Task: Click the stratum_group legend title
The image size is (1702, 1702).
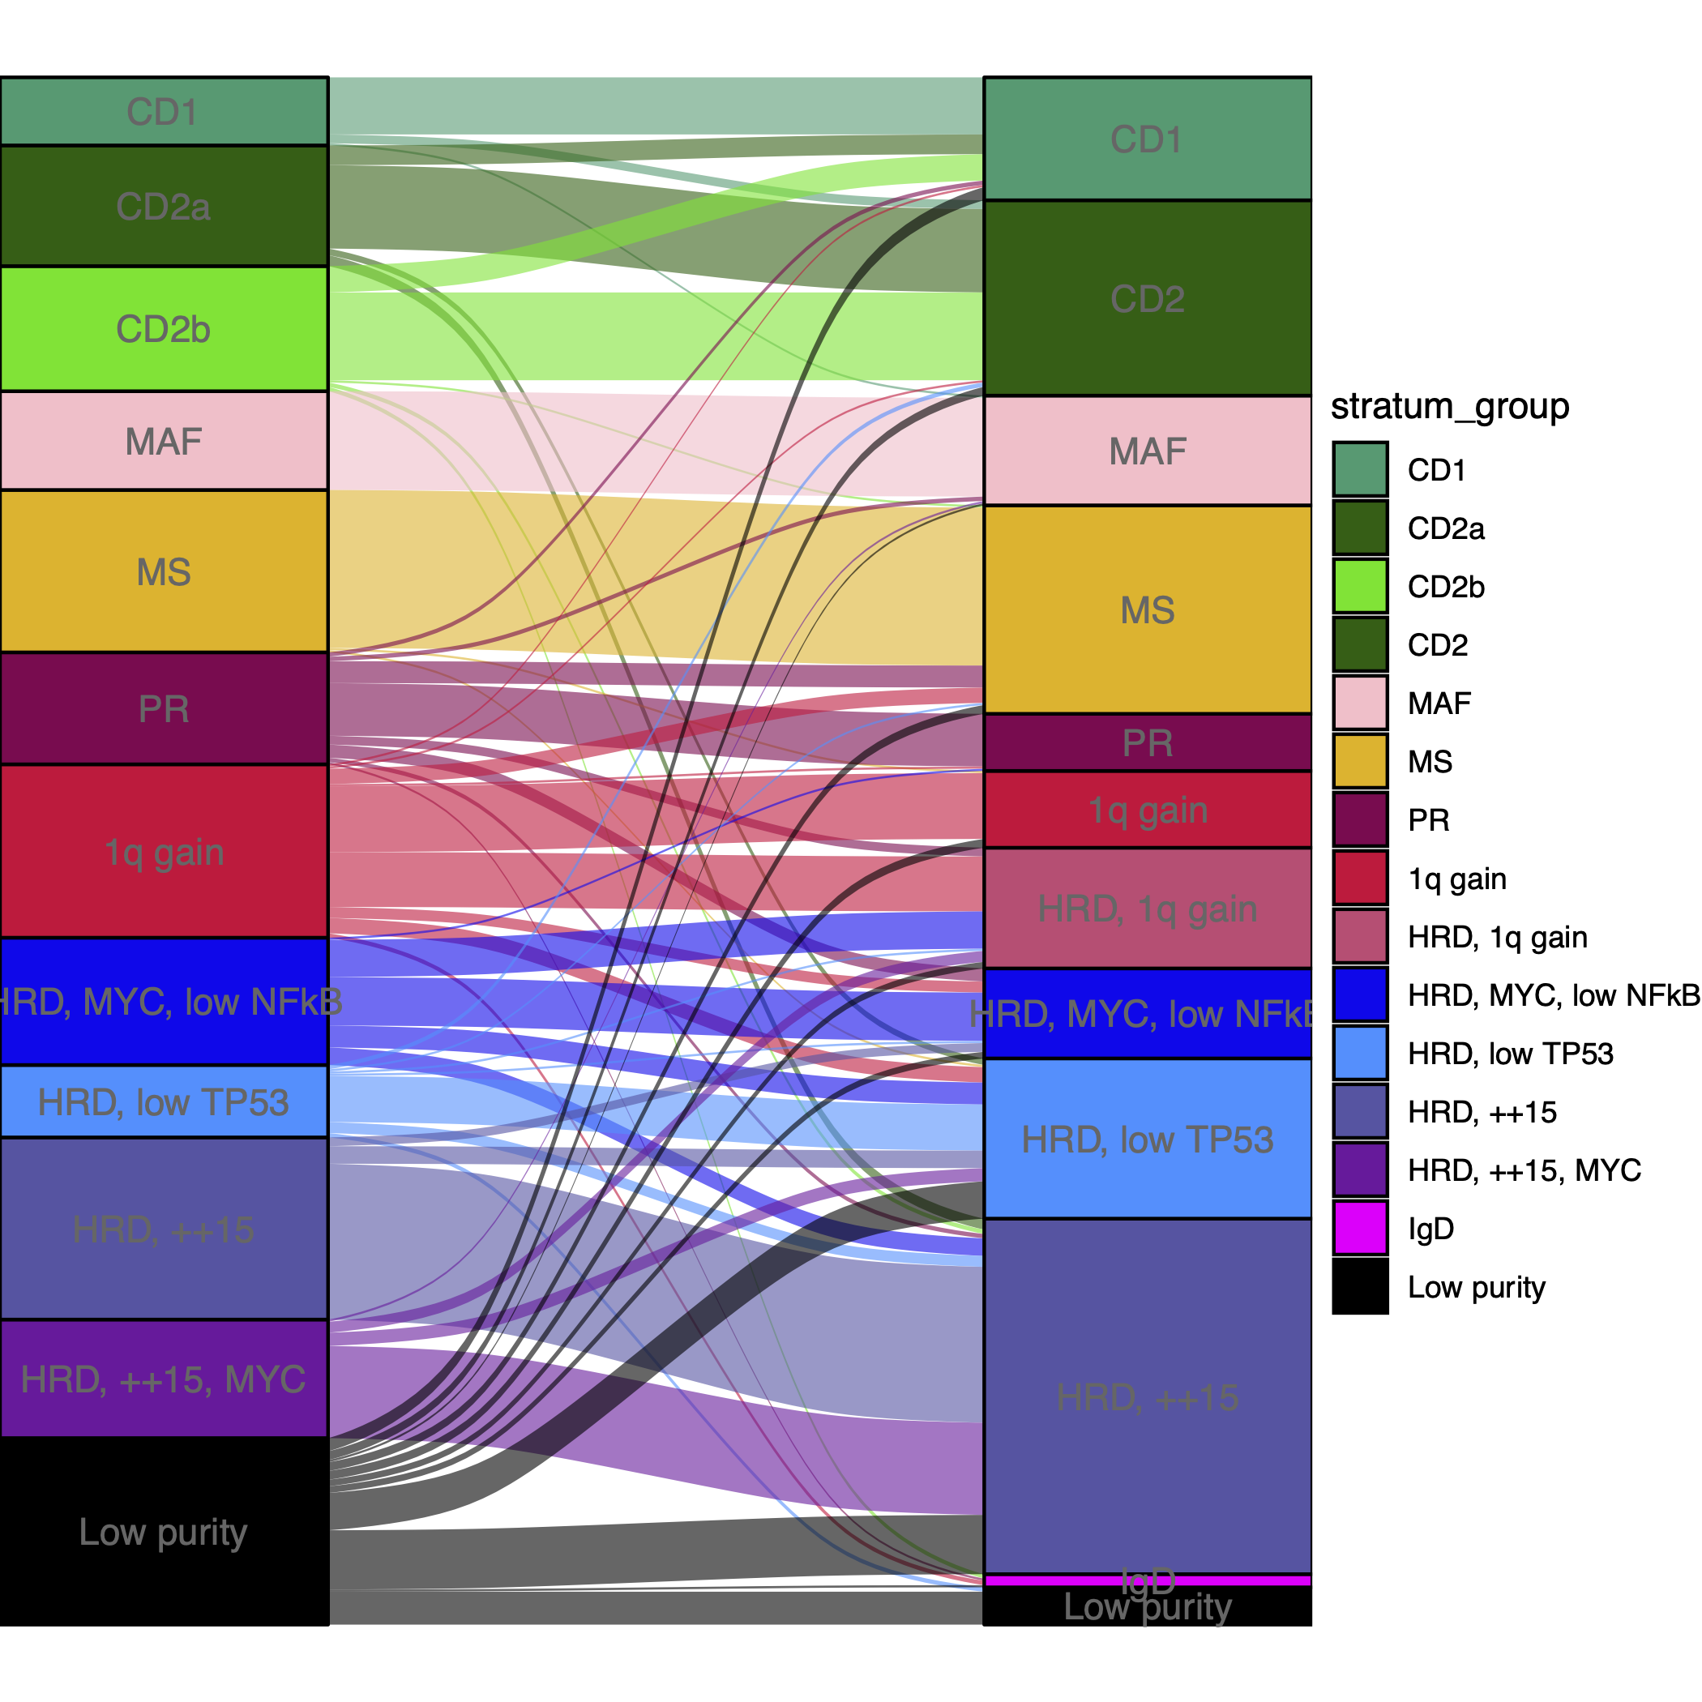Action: pyautogui.click(x=1449, y=406)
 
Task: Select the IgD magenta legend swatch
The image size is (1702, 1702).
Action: pyautogui.click(x=1359, y=1227)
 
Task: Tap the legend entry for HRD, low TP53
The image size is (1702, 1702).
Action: pyautogui.click(x=1509, y=1054)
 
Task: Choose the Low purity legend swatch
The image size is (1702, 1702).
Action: pyautogui.click(x=1359, y=1286)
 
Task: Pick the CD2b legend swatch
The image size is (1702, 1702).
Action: pyautogui.click(x=1359, y=586)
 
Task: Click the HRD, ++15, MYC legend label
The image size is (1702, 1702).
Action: pyautogui.click(x=1523, y=1170)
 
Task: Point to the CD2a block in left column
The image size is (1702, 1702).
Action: pyautogui.click(x=164, y=206)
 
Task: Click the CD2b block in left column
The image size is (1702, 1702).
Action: pyautogui.click(x=164, y=328)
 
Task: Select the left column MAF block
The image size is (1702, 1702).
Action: pyautogui.click(x=164, y=440)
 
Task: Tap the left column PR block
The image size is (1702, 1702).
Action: pyautogui.click(x=164, y=708)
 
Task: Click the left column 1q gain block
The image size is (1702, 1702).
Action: pyautogui.click(x=164, y=851)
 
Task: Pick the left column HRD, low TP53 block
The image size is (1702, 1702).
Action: pyautogui.click(x=164, y=1101)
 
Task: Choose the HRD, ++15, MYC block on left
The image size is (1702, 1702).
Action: pyautogui.click(x=164, y=1379)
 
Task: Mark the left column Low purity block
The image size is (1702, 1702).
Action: pyautogui.click(x=164, y=1531)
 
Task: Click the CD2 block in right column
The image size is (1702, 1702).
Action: pyautogui.click(x=1147, y=297)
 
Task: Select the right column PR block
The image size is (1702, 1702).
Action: pyautogui.click(x=1147, y=742)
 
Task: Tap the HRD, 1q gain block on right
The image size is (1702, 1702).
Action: pyautogui.click(x=1147, y=909)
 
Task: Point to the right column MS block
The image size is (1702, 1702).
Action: pyautogui.click(x=1147, y=609)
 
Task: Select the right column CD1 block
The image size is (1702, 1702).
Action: pyautogui.click(x=1147, y=139)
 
